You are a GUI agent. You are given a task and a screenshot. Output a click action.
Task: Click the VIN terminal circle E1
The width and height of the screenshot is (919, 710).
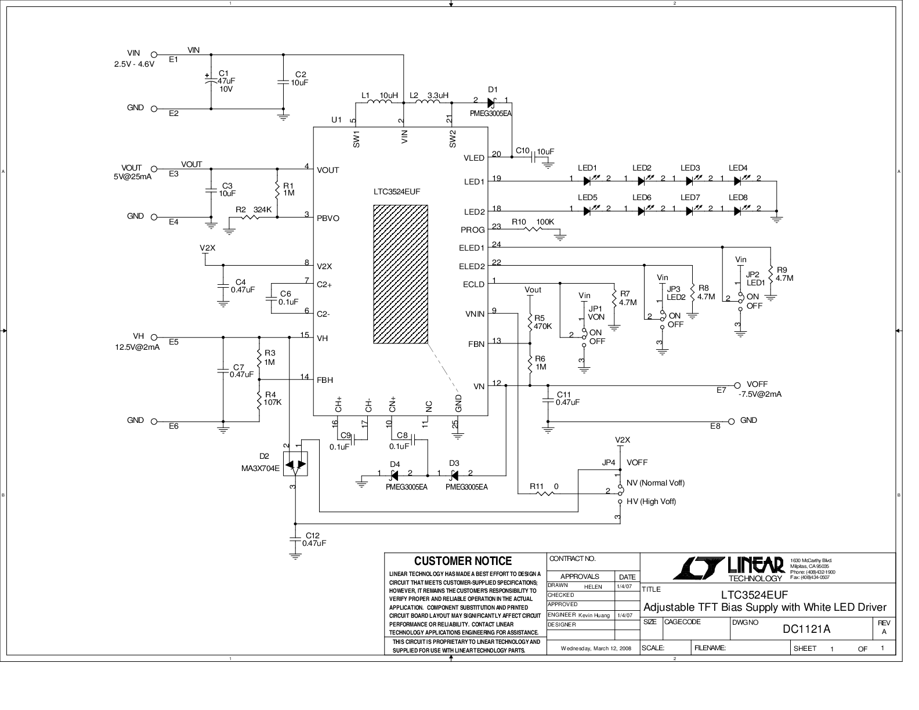(x=154, y=55)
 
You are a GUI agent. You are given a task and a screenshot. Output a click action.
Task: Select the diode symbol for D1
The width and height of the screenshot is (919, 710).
(x=491, y=103)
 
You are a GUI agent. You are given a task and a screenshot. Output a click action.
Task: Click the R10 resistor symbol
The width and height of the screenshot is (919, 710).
(x=533, y=229)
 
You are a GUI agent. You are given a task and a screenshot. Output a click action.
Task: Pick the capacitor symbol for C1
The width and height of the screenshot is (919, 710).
(x=211, y=81)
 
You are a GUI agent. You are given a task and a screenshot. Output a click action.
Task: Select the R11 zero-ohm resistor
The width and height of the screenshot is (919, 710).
(x=545, y=493)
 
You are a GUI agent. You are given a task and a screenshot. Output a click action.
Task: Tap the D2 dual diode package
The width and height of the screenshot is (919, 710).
(x=295, y=464)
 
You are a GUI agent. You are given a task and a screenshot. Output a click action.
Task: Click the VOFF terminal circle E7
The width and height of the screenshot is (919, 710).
(x=737, y=385)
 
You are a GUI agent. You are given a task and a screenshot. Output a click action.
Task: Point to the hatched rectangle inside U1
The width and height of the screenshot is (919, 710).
(x=400, y=274)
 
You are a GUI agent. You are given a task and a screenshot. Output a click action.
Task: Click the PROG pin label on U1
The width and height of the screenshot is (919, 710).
(x=472, y=230)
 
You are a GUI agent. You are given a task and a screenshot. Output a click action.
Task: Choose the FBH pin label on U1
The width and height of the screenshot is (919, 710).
(x=325, y=380)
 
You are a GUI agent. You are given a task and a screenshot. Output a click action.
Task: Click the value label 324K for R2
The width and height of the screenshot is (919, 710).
(x=262, y=210)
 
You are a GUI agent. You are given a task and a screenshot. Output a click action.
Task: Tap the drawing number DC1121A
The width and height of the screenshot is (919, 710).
(x=806, y=629)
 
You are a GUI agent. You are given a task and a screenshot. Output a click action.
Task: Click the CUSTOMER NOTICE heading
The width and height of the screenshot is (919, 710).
(x=462, y=561)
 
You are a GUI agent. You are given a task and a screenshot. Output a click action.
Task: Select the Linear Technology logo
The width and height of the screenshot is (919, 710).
(x=728, y=568)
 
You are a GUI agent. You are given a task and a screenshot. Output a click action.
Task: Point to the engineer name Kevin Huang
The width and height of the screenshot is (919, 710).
(x=594, y=615)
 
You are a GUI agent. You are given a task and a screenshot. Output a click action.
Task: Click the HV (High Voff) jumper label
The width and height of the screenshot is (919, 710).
(x=651, y=501)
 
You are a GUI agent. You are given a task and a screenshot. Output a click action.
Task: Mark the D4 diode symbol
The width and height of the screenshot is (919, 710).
(x=394, y=476)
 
